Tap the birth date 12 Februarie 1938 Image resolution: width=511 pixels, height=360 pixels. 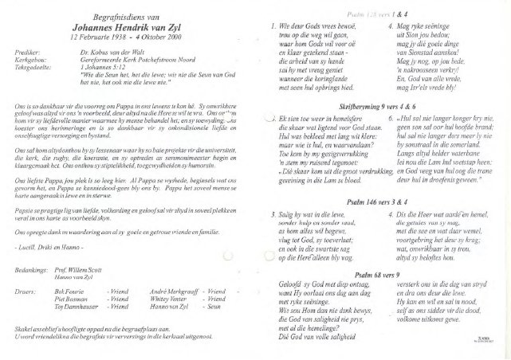(97, 37)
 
